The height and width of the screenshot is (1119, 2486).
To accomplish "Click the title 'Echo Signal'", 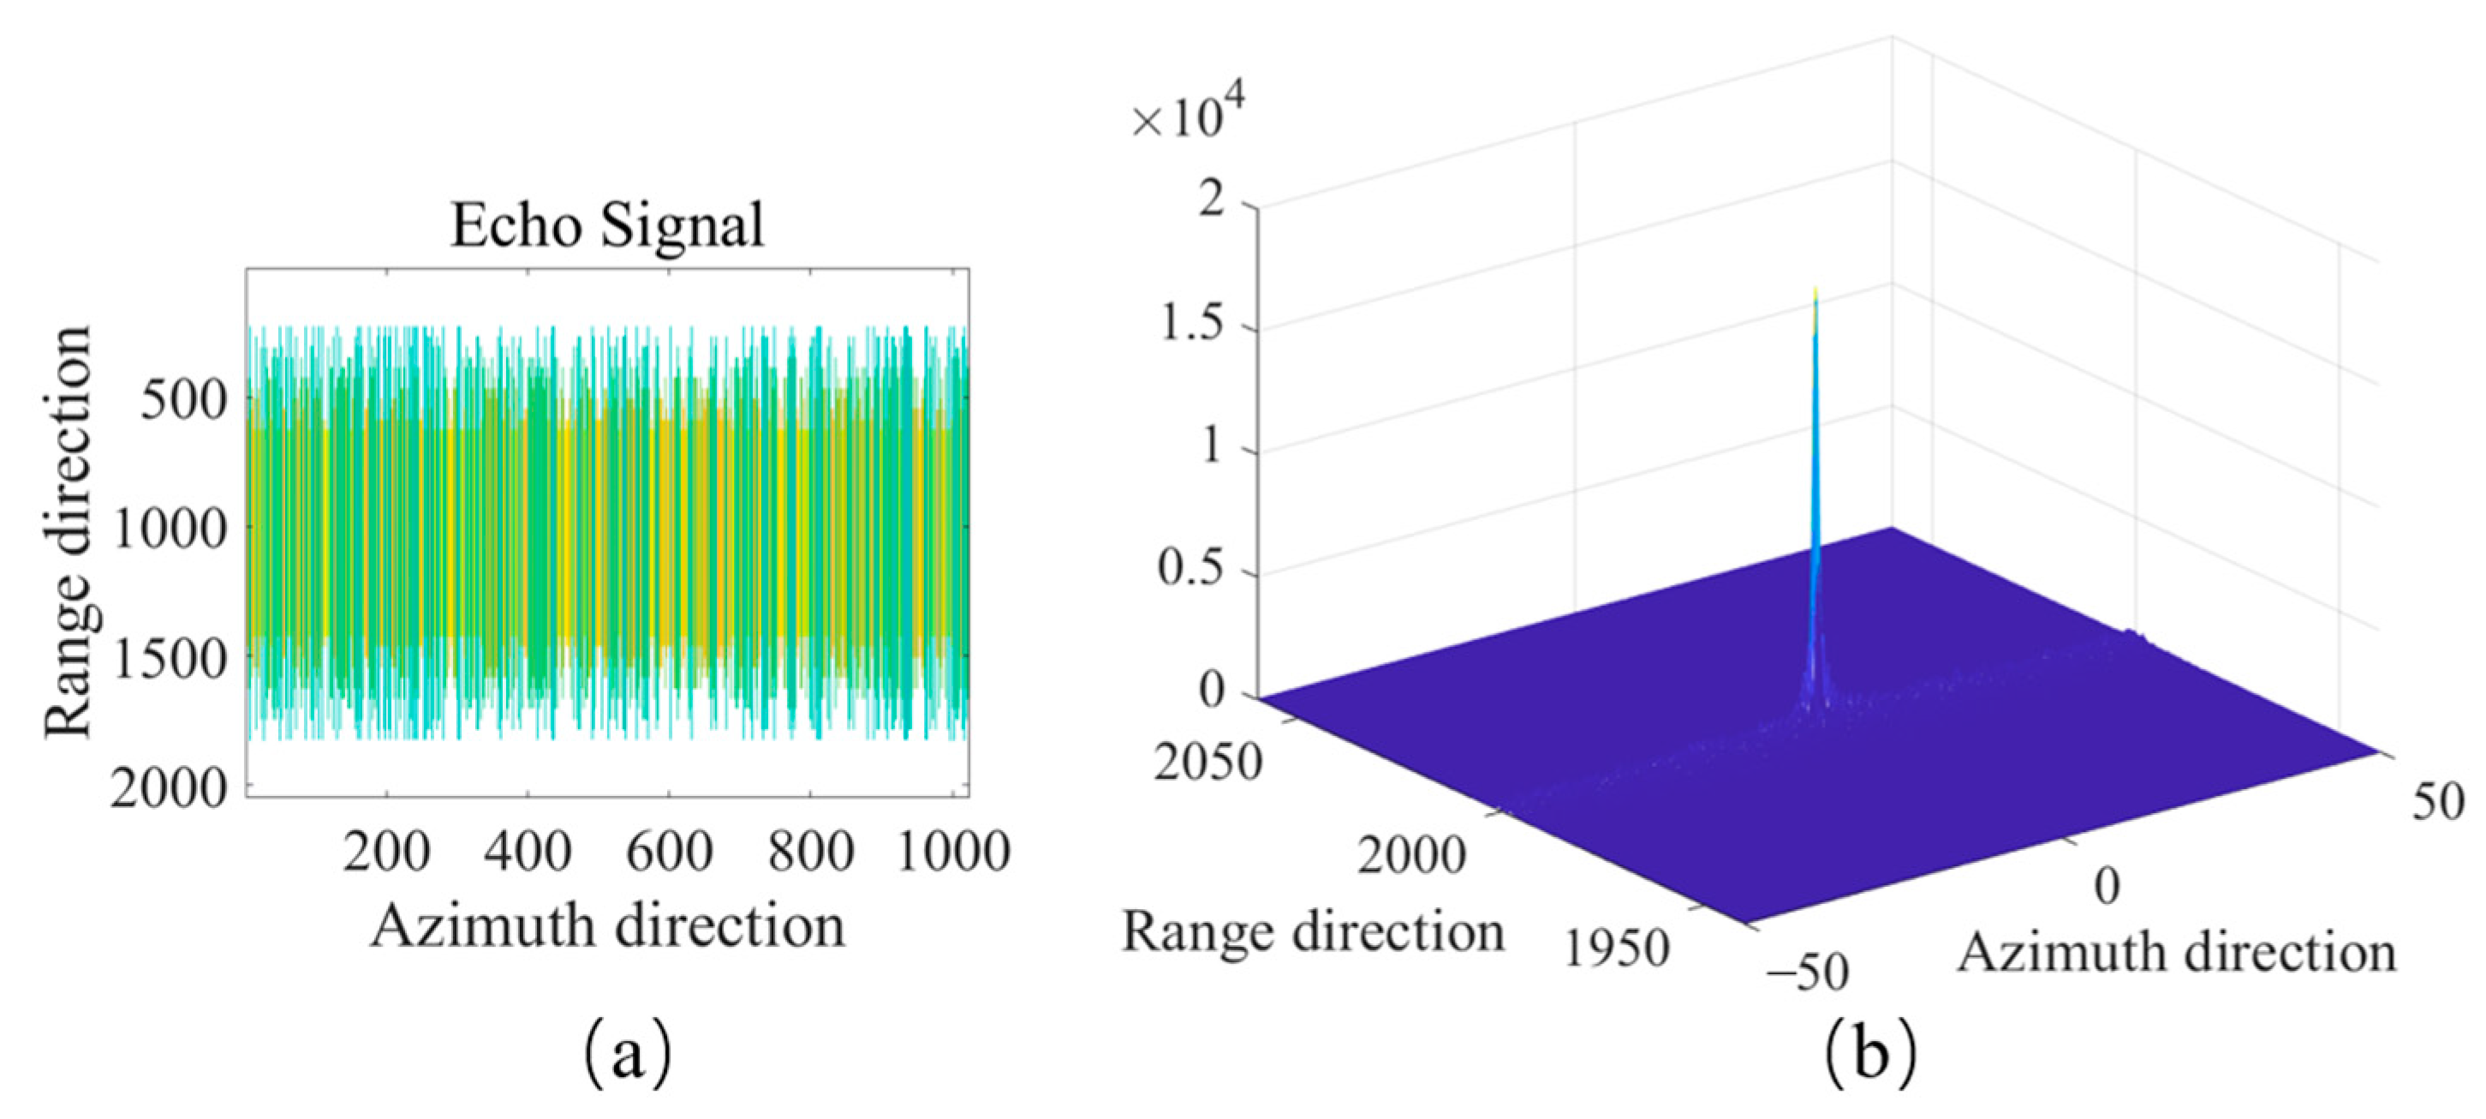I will point(607,226).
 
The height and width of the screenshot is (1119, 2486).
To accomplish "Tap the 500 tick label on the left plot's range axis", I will point(183,398).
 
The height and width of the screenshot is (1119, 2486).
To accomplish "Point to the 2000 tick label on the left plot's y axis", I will point(169,790).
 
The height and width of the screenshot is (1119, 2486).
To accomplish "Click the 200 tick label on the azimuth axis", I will point(386,853).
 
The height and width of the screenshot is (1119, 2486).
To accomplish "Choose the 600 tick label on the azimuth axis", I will point(668,853).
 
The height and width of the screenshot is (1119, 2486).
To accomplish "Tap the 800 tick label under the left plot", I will point(810,853).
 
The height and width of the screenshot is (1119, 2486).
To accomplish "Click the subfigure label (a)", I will point(628,1056).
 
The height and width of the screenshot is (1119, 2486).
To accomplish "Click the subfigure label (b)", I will point(1870,1056).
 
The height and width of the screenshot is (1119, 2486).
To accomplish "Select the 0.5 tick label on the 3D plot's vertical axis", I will point(1191,570).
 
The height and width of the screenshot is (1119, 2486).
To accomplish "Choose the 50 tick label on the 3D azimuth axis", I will point(2439,801).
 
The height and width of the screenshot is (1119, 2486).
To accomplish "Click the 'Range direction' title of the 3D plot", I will point(1313,933).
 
